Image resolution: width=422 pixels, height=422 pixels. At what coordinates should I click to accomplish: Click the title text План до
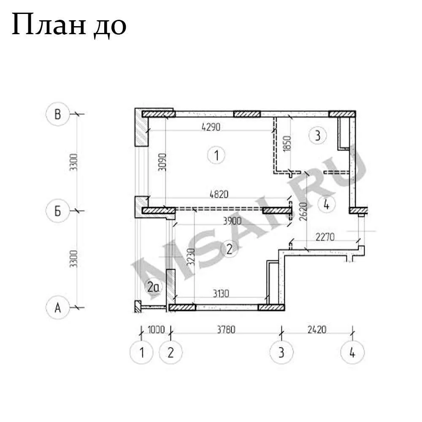[x=69, y=25]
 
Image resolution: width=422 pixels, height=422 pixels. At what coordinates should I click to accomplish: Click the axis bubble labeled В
[x=57, y=114]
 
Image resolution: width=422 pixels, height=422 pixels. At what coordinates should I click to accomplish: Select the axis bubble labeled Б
[x=57, y=211]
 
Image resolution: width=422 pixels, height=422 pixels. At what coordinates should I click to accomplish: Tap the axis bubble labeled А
[x=57, y=307]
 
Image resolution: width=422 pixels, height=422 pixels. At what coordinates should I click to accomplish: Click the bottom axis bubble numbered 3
[x=281, y=352]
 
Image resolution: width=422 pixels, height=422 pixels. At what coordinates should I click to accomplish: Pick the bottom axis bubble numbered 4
[x=352, y=352]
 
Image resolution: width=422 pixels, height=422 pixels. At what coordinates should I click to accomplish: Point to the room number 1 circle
[x=216, y=155]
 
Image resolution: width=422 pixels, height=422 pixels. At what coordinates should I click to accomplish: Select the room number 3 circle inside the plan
[x=318, y=135]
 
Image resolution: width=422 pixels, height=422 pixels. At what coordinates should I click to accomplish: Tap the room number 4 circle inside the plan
[x=327, y=204]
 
